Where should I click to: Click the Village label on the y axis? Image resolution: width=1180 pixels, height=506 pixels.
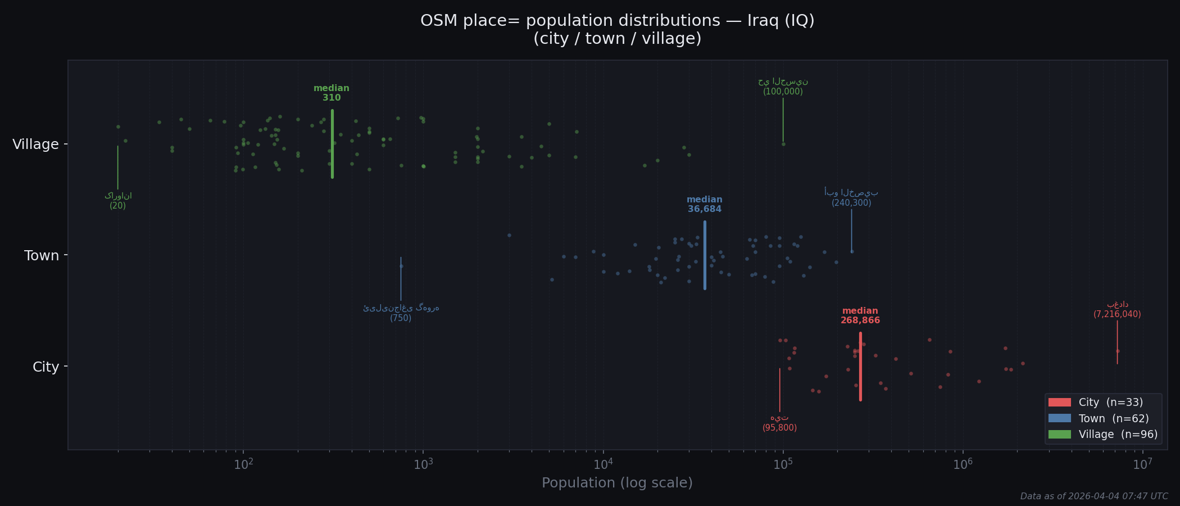(x=35, y=144)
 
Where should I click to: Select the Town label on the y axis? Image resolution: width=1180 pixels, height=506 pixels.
(x=42, y=256)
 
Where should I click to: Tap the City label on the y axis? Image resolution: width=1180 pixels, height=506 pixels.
(x=46, y=367)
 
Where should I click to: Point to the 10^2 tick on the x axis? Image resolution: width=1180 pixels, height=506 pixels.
(x=243, y=464)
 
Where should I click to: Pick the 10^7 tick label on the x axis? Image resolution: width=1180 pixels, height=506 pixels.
(x=1142, y=464)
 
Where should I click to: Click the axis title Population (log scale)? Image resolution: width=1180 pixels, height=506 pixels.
(x=617, y=483)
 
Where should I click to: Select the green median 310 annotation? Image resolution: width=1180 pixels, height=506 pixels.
(x=332, y=93)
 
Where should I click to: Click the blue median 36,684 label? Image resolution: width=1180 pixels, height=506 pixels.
(x=705, y=205)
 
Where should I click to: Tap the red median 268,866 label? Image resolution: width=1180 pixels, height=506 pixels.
(x=860, y=316)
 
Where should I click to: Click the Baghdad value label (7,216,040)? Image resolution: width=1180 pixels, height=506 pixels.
(x=1117, y=315)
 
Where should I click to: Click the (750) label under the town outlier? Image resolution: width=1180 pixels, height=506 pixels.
(x=401, y=318)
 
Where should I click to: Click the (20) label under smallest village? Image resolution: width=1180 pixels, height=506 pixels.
(x=118, y=206)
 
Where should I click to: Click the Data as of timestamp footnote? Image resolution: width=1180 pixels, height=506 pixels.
(x=1094, y=496)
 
